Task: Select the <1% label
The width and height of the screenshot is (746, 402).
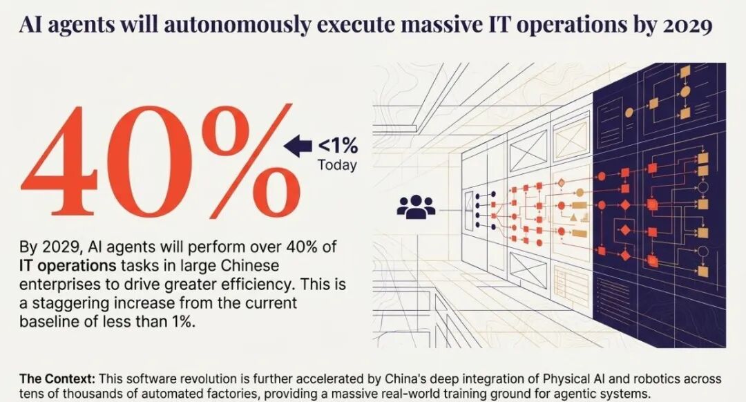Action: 337,146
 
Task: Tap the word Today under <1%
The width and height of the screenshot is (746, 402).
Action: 337,165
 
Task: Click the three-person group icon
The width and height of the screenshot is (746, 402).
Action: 416,207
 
